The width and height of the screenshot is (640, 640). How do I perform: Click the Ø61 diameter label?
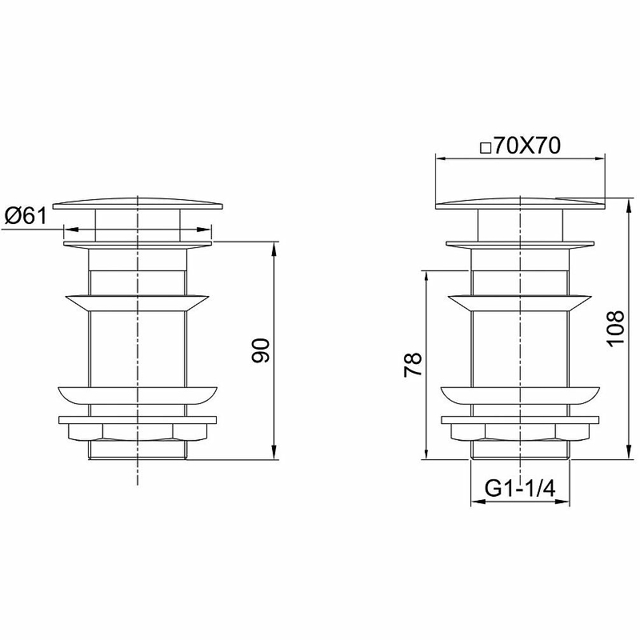click(x=26, y=215)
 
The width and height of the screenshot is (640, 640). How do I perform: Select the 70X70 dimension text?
click(x=527, y=146)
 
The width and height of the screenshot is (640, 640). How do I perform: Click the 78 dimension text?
click(x=413, y=365)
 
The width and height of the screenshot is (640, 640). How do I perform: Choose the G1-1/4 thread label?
click(x=520, y=488)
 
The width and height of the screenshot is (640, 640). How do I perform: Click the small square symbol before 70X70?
click(x=486, y=148)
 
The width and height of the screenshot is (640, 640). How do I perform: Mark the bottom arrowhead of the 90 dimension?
click(x=274, y=453)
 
